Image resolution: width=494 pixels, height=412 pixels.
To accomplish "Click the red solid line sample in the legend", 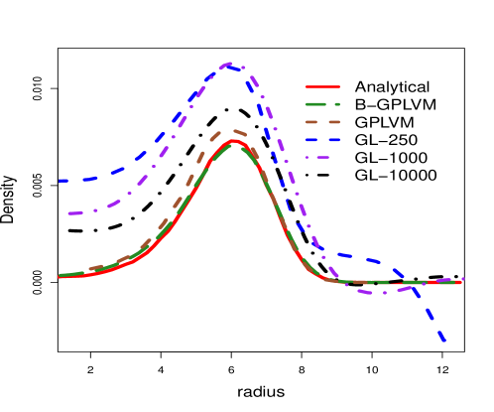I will (322, 86).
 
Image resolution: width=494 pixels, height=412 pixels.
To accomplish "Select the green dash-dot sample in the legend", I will (322, 104).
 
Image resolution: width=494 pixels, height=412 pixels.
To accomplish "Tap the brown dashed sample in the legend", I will (322, 122).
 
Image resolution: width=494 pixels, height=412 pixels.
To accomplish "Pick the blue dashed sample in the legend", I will (322, 140).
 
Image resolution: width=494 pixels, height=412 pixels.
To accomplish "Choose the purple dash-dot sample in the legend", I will (322, 158).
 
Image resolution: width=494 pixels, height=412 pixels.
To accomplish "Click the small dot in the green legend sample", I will (337, 104).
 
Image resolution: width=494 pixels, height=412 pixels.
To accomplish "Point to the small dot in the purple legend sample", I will (308, 158).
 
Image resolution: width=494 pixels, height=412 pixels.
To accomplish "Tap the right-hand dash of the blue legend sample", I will (333, 140).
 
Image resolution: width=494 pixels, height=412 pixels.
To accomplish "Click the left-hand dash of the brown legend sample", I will (311, 122).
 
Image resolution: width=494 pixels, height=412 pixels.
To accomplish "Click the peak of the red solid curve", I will (234, 141).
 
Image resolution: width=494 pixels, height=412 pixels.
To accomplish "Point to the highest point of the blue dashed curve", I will (229, 65).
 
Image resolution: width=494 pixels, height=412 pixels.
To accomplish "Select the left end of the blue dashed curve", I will (61, 181).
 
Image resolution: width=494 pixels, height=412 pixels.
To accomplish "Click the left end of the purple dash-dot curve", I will (68, 213).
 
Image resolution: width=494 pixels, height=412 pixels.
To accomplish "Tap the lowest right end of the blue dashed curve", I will (444, 343).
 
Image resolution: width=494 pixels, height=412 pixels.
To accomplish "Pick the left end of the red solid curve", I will (61, 277).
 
